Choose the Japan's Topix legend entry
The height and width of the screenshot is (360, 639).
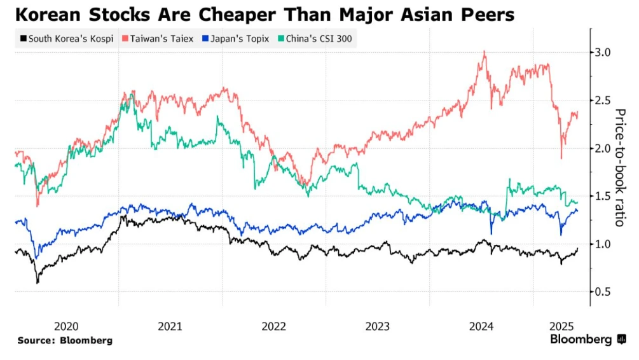click(x=238, y=39)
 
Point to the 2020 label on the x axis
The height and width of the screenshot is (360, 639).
click(x=66, y=326)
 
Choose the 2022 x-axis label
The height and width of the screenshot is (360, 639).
click(x=273, y=326)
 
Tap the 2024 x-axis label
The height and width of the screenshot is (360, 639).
click(x=481, y=326)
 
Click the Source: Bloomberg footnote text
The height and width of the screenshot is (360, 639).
click(x=65, y=341)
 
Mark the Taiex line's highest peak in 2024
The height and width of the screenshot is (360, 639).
click(x=485, y=52)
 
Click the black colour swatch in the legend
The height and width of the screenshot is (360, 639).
click(x=24, y=39)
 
